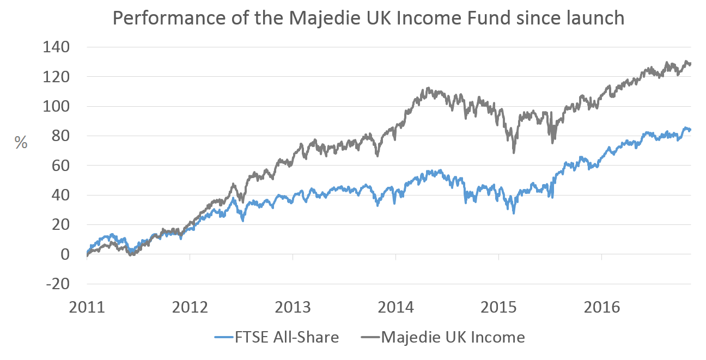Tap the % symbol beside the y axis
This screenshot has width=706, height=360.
[x=21, y=143]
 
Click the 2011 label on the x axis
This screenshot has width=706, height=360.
[x=87, y=307]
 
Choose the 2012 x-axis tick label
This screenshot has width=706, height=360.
[x=190, y=307]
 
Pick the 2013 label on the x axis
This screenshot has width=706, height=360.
[x=293, y=307]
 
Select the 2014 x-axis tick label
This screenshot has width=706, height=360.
[x=396, y=307]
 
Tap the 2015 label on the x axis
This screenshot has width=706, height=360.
[x=499, y=307]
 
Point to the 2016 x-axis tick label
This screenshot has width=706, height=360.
[x=602, y=307]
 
